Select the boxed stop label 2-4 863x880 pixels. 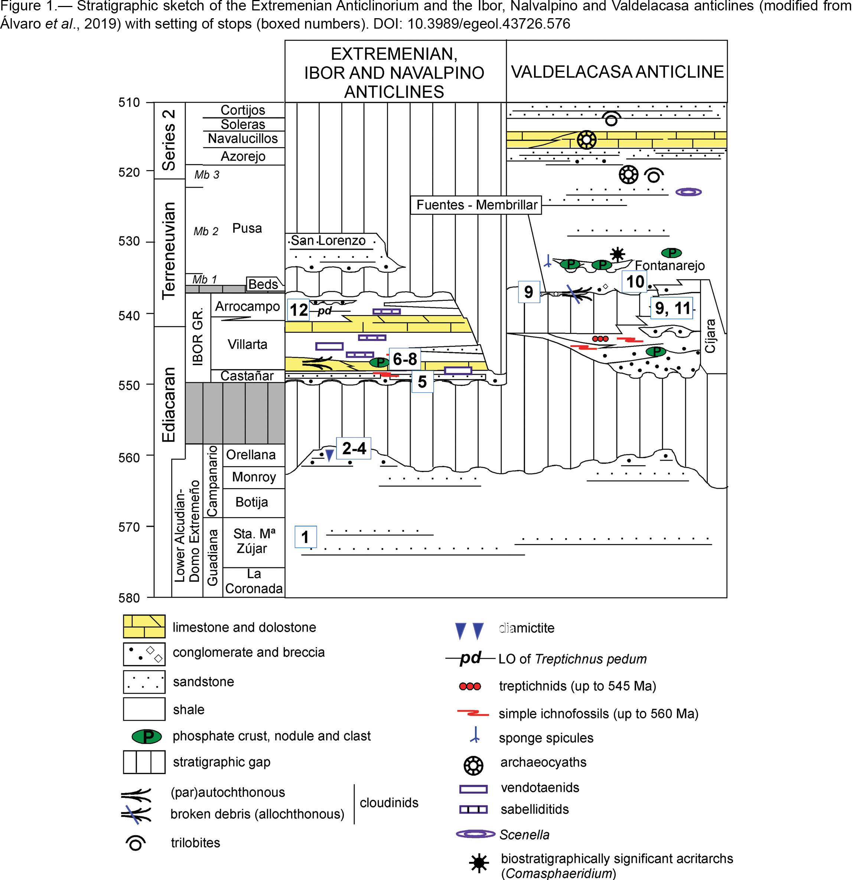[354, 448]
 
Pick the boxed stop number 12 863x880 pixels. [299, 310]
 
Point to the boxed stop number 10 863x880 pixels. [635, 282]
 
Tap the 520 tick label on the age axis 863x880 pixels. [129, 173]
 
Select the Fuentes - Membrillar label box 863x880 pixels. [476, 205]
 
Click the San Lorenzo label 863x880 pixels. [328, 240]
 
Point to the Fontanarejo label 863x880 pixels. [670, 265]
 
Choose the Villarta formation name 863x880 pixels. [247, 345]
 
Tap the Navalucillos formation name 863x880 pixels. [243, 138]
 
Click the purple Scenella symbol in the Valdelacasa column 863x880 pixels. [688, 192]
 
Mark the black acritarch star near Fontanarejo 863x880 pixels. [617, 254]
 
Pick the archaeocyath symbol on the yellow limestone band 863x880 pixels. [586, 140]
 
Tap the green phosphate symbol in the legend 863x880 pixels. [147, 737]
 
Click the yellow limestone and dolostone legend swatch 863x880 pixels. [144, 627]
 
